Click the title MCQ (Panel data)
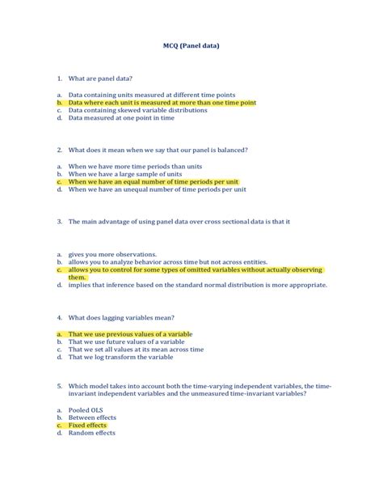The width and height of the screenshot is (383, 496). point(191,46)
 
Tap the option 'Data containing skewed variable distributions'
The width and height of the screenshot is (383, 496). point(137,110)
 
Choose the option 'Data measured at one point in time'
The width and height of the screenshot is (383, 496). point(121,118)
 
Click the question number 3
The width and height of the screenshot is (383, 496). point(61,221)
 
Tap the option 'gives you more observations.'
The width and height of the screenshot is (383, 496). point(112,253)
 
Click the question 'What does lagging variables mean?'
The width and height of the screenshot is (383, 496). point(121,316)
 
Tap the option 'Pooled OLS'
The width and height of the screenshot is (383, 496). point(88,409)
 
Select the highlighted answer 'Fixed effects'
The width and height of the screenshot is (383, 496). point(87,425)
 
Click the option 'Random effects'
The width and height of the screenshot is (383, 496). point(91,433)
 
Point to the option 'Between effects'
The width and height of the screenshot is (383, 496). point(93,418)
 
